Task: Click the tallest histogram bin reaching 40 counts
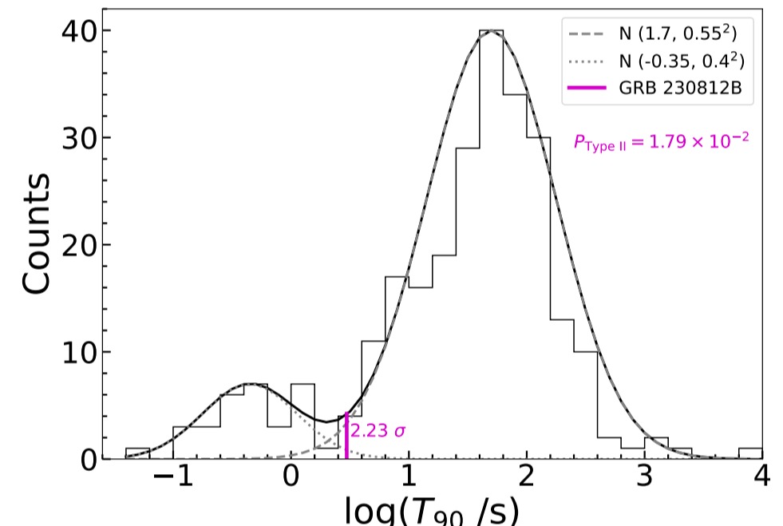[x=490, y=239]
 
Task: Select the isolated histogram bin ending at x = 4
[x=750, y=453]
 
